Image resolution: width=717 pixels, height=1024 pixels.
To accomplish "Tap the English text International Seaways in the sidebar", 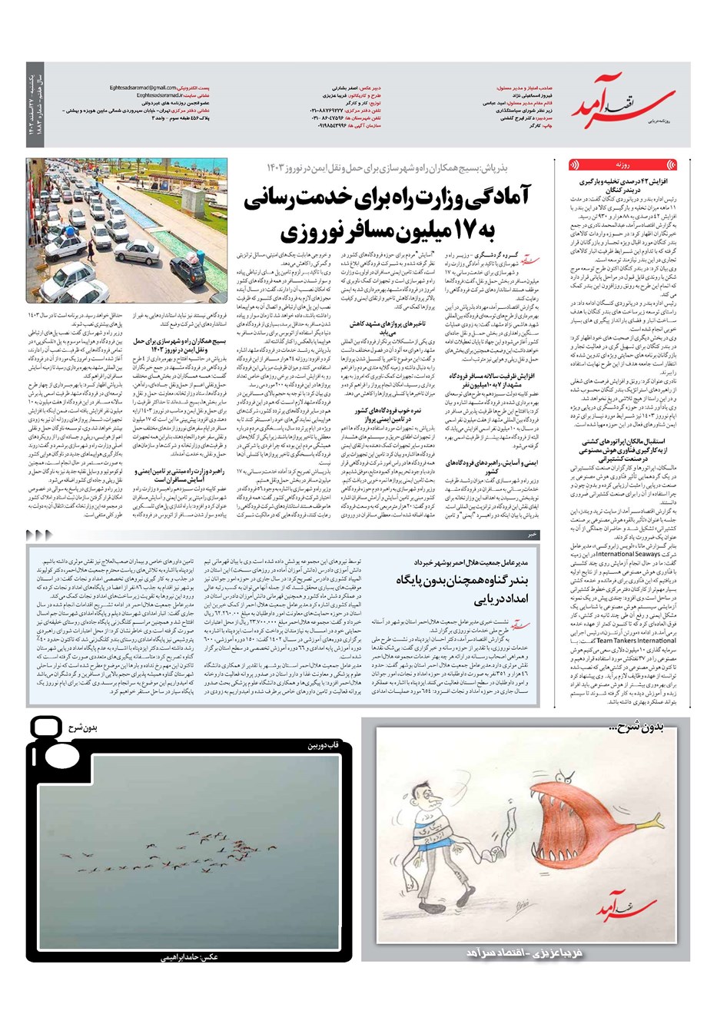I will pyautogui.click(x=627, y=553).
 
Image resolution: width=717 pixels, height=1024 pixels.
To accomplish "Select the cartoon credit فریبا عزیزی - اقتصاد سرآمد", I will pyautogui.click(x=527, y=953).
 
